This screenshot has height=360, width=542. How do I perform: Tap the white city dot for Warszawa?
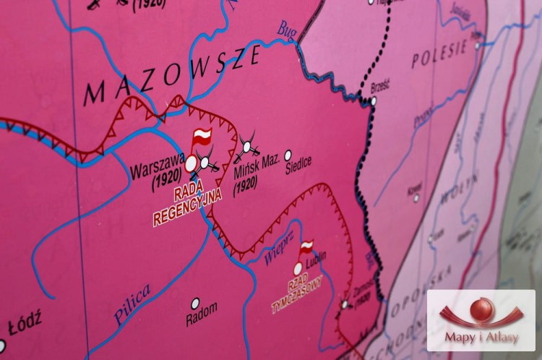(191, 165)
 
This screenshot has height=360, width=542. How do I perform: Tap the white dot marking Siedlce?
(288, 155)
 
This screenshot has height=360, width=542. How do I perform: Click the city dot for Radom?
(195, 303)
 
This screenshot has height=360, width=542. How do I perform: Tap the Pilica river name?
(132, 304)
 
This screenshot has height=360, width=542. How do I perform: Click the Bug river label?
(288, 29)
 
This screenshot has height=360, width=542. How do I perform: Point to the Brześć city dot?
(373, 101)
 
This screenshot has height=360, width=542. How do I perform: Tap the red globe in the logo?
(481, 309)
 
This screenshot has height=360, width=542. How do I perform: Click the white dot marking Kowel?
(416, 198)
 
